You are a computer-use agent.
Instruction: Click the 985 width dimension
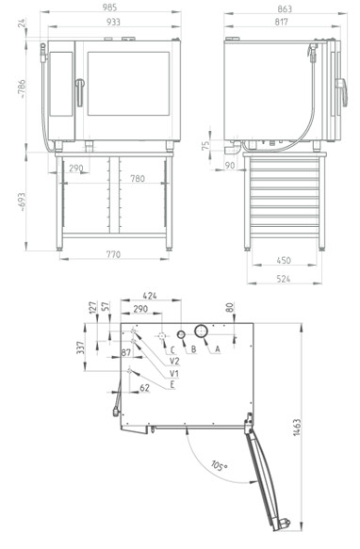109,8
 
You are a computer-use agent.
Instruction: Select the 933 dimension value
113,22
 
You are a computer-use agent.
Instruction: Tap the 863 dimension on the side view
285,8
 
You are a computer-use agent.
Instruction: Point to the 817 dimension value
281,22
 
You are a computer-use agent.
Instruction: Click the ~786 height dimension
22,89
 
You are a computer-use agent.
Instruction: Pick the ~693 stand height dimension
22,202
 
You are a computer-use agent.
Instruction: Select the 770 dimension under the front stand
113,254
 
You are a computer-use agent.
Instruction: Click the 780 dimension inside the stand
138,179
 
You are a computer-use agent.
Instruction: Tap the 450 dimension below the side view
284,261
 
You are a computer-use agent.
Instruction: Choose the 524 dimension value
284,279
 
